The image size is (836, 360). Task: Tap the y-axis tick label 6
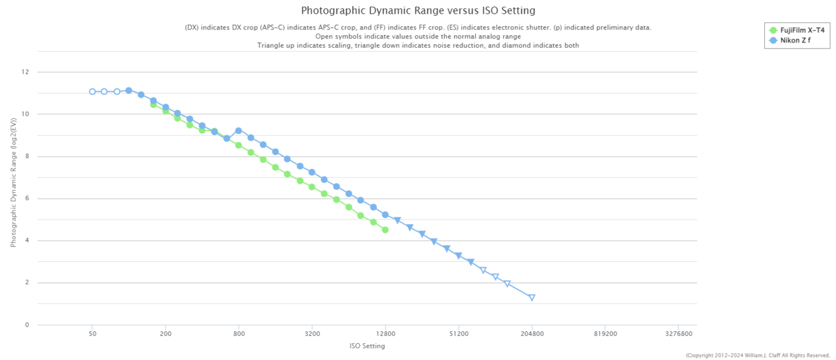(x=27, y=199)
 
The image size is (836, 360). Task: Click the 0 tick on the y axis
(x=27, y=325)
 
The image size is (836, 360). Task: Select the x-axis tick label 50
(x=92, y=333)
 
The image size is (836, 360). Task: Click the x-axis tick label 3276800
(x=679, y=333)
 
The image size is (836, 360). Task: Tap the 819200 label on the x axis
(x=605, y=333)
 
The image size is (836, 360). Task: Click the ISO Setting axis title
(x=367, y=346)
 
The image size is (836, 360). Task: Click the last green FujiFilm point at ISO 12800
(x=385, y=230)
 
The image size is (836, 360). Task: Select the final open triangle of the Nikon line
(x=532, y=297)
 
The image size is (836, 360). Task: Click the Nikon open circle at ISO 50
(x=92, y=91)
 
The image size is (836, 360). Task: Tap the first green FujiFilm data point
(x=153, y=105)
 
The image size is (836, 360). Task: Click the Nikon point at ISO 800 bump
(x=238, y=131)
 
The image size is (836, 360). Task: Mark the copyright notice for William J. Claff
(x=758, y=355)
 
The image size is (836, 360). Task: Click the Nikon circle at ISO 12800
(x=385, y=215)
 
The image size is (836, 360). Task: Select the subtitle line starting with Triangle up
(x=418, y=46)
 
